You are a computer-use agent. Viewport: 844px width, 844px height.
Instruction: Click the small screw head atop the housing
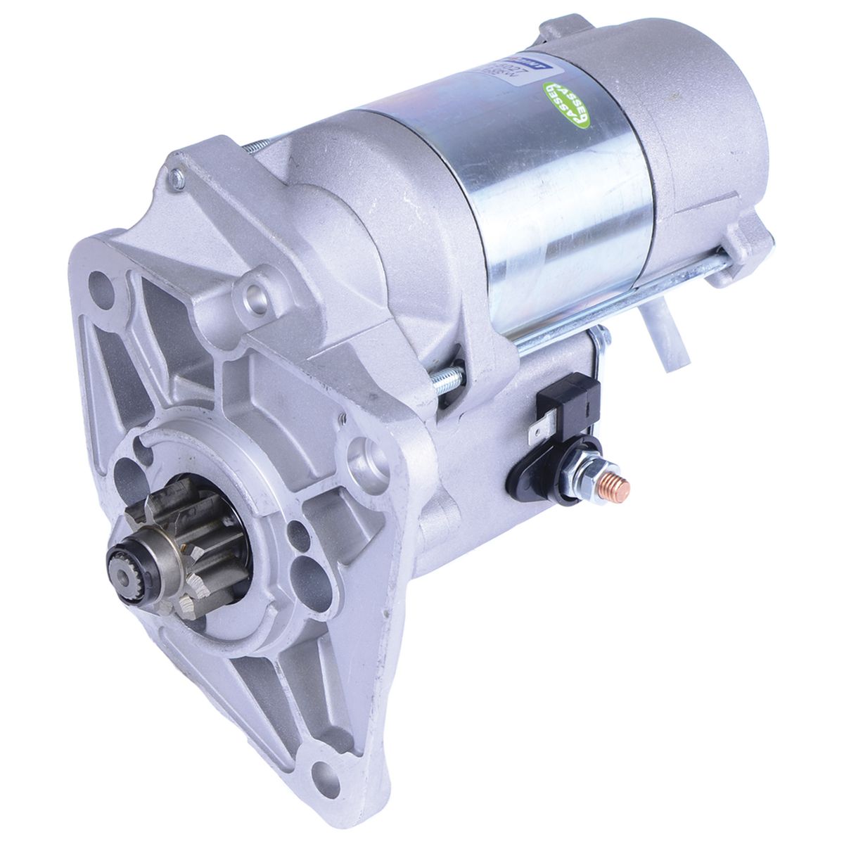click(177, 179)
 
